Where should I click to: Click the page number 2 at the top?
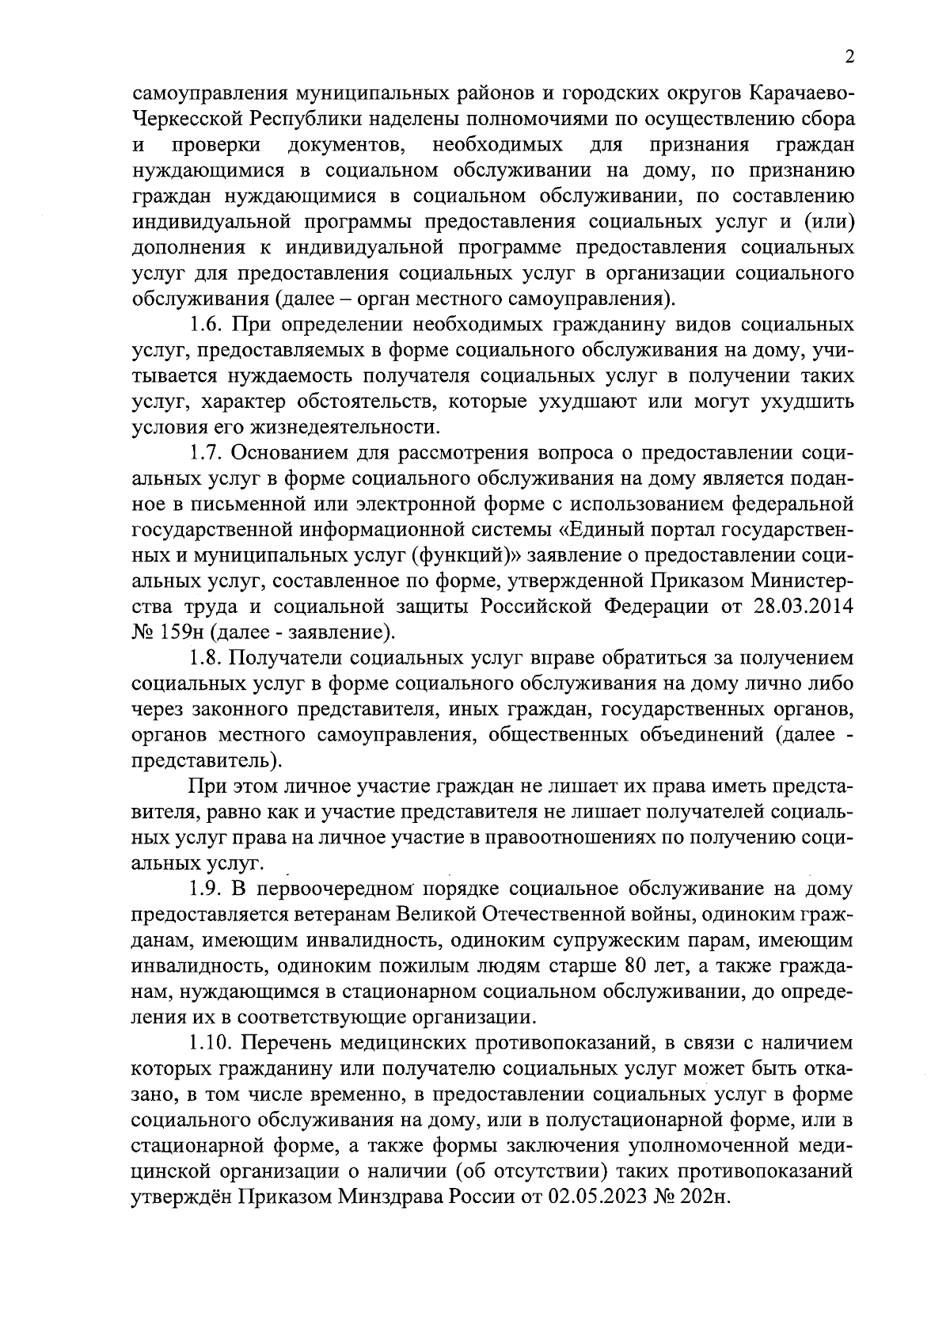tap(849, 57)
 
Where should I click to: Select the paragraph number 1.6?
tap(207, 326)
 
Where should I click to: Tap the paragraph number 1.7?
tap(207, 454)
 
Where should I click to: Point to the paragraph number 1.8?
tap(207, 658)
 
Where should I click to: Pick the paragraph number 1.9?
tap(207, 889)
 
